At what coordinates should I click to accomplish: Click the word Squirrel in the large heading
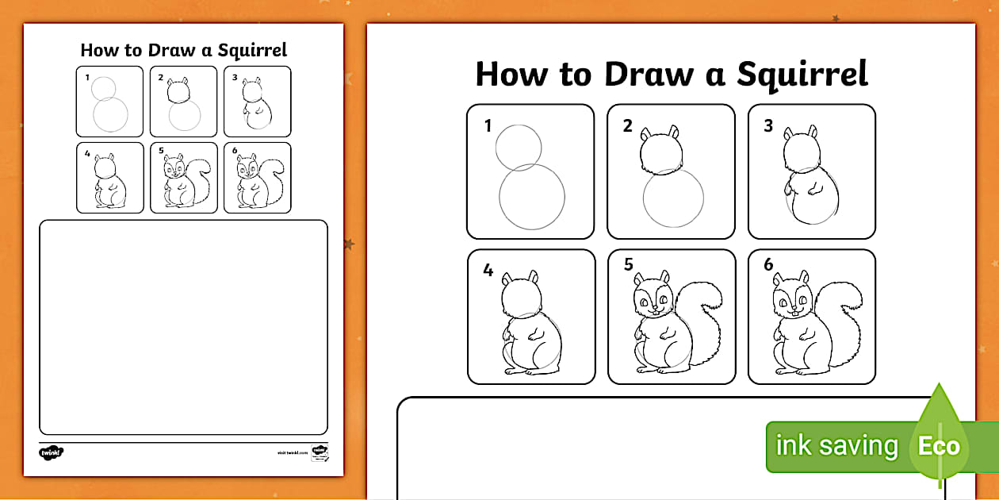tap(802, 74)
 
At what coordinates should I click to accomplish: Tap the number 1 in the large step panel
tap(488, 125)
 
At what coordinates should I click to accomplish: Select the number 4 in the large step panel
tap(488, 271)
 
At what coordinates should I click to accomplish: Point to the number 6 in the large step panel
tap(768, 265)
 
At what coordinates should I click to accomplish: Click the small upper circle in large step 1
tap(519, 148)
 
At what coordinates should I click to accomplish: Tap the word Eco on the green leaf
tap(939, 446)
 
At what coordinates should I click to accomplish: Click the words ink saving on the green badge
tap(836, 446)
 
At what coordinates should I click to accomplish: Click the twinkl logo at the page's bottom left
tap(51, 452)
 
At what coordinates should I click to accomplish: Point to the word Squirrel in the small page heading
tap(251, 50)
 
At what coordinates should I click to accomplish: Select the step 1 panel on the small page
tap(109, 102)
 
